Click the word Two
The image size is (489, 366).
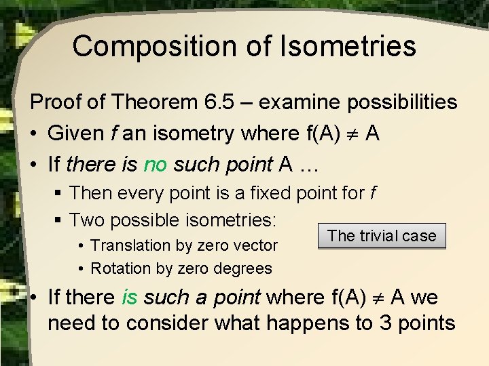[x=88, y=220]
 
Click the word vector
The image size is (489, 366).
[x=253, y=245]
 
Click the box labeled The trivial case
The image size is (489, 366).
[x=382, y=236]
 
